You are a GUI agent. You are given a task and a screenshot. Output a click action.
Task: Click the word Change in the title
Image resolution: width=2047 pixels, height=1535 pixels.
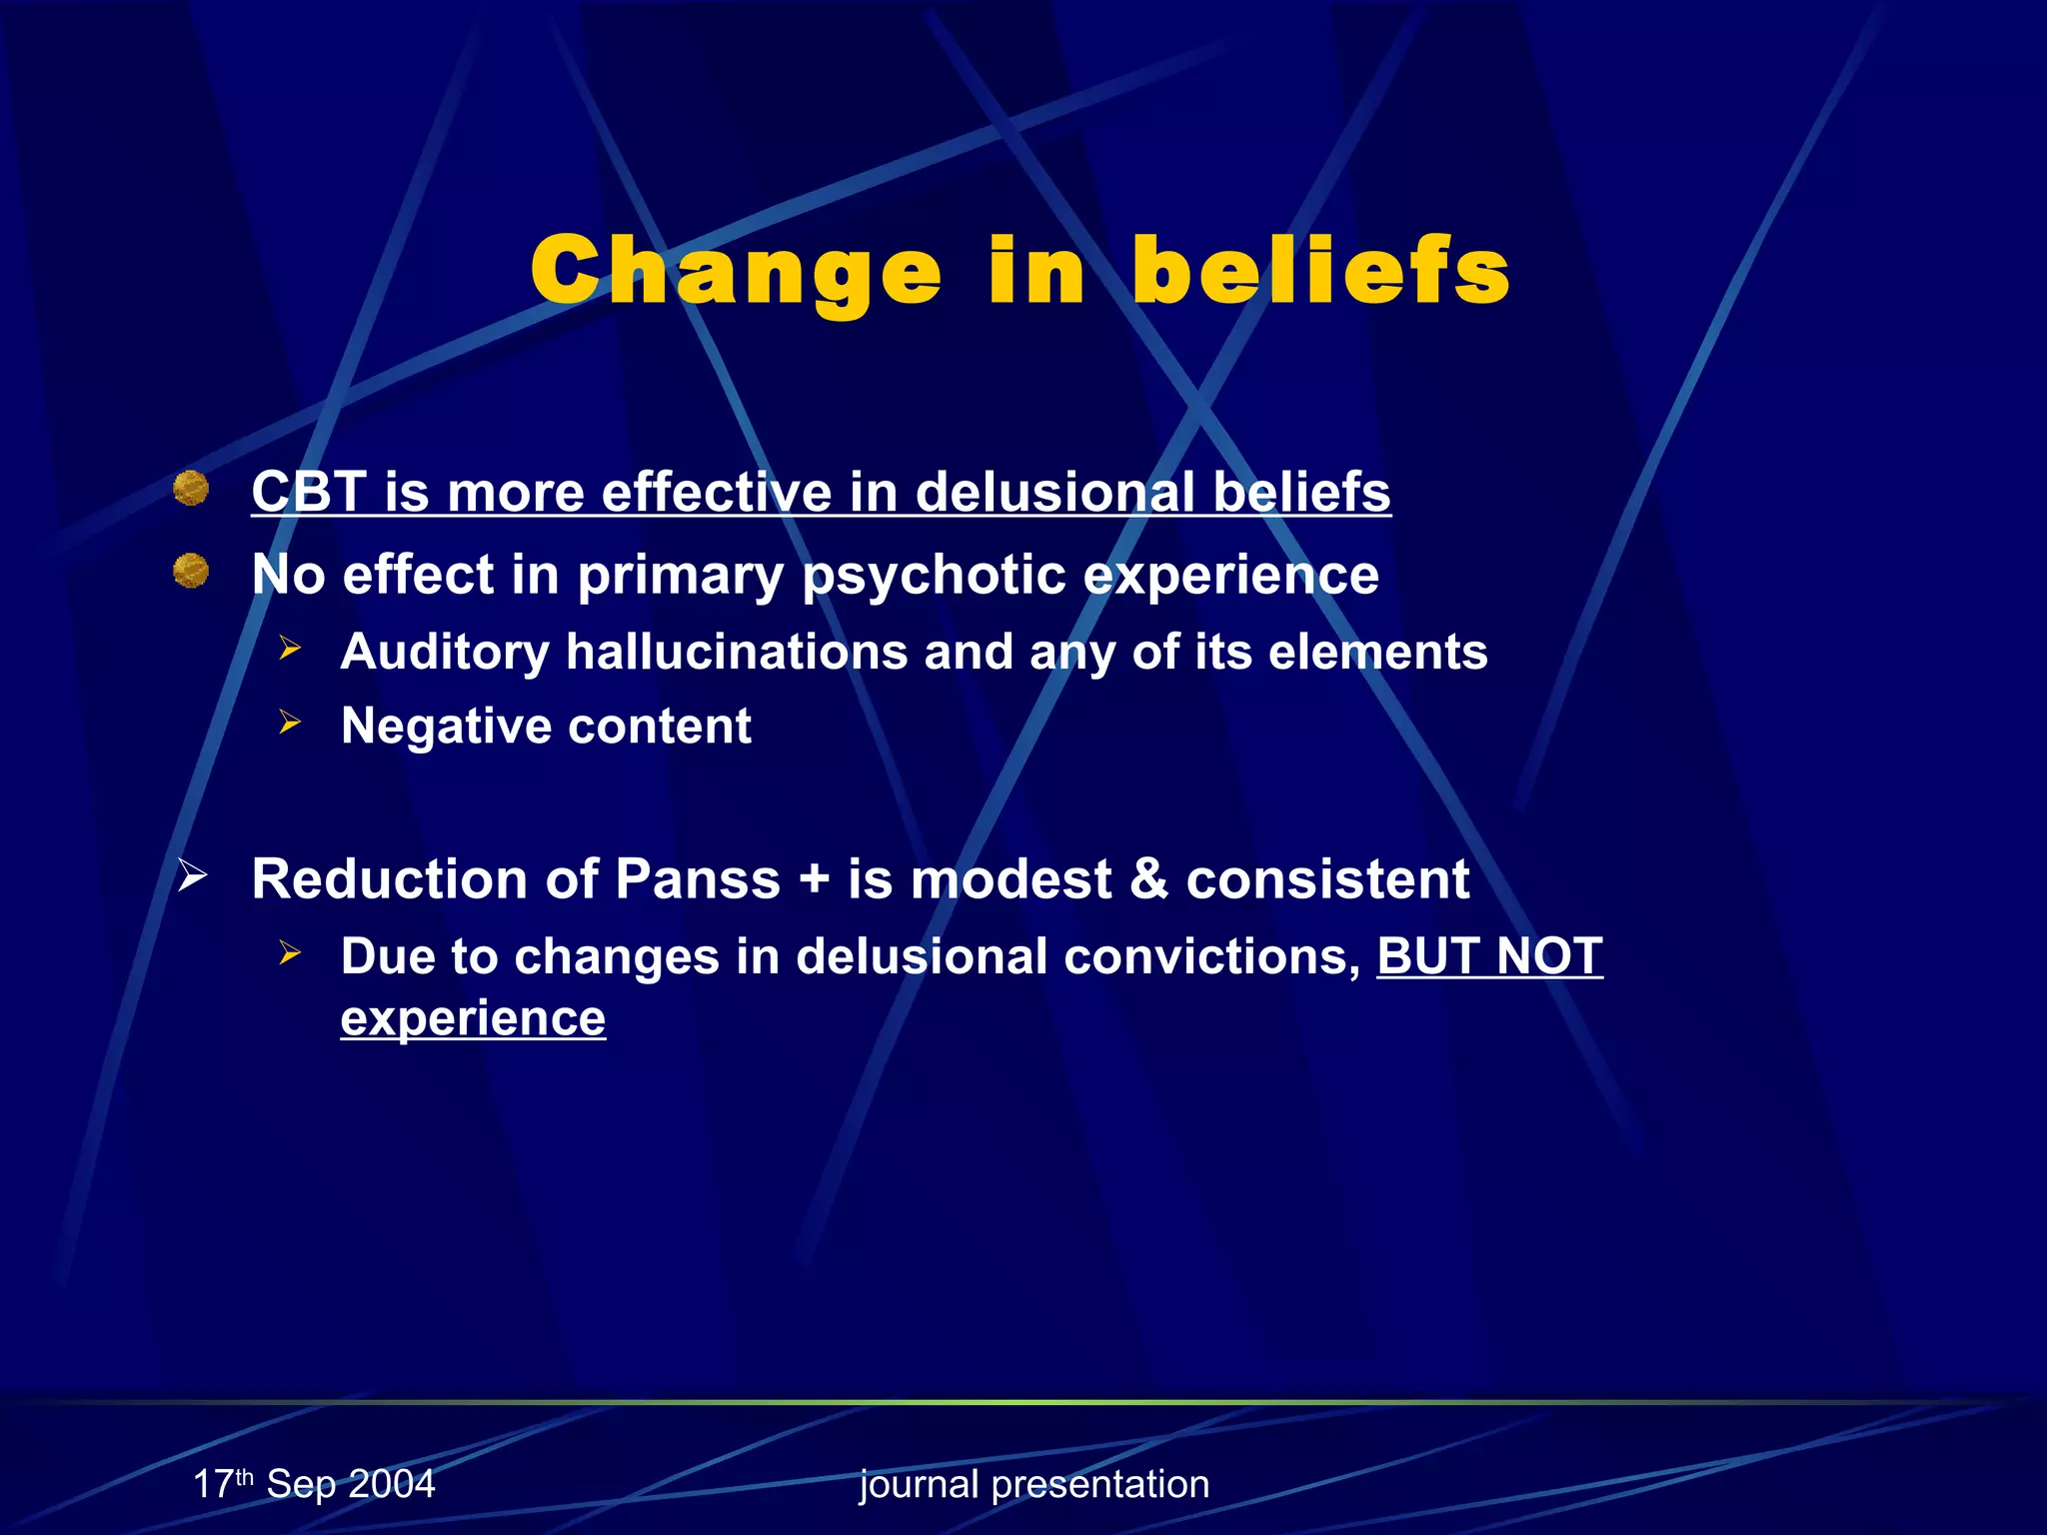point(737,272)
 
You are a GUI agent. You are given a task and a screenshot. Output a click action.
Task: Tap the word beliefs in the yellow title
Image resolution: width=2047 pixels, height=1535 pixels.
point(1320,272)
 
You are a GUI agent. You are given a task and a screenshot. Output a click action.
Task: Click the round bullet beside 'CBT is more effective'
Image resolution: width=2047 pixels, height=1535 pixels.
point(191,489)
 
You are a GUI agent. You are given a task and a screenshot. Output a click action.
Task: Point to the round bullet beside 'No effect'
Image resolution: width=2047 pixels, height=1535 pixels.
point(191,572)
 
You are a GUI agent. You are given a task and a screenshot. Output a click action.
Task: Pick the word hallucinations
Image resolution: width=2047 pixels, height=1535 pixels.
point(738,652)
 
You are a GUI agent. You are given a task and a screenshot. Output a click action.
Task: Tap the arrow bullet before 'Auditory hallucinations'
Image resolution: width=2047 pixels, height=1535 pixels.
point(290,649)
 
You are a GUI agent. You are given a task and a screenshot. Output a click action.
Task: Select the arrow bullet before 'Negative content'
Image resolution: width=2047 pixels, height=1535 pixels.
point(290,722)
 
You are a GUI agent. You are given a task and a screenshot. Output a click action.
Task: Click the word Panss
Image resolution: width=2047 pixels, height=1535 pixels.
point(697,879)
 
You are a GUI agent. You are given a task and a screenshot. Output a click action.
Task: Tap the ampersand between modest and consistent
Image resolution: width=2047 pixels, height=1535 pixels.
point(1148,879)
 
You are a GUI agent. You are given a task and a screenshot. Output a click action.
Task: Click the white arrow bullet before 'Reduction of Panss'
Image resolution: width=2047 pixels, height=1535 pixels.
point(192,875)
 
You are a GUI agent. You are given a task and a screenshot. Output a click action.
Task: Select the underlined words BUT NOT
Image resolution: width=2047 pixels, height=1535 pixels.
point(1489,956)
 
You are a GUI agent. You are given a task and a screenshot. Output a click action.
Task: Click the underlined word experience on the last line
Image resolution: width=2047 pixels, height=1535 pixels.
point(473,1019)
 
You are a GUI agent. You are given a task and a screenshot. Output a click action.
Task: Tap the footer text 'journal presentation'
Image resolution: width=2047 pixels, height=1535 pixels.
point(1034,1484)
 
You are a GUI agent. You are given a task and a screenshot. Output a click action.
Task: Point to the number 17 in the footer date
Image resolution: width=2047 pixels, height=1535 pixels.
point(213,1484)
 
